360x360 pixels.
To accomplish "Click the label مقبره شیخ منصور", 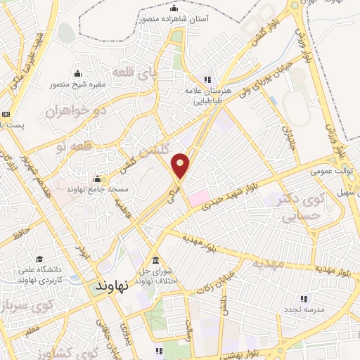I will tap(77, 85).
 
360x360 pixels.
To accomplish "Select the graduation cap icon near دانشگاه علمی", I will tap(39, 259).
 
